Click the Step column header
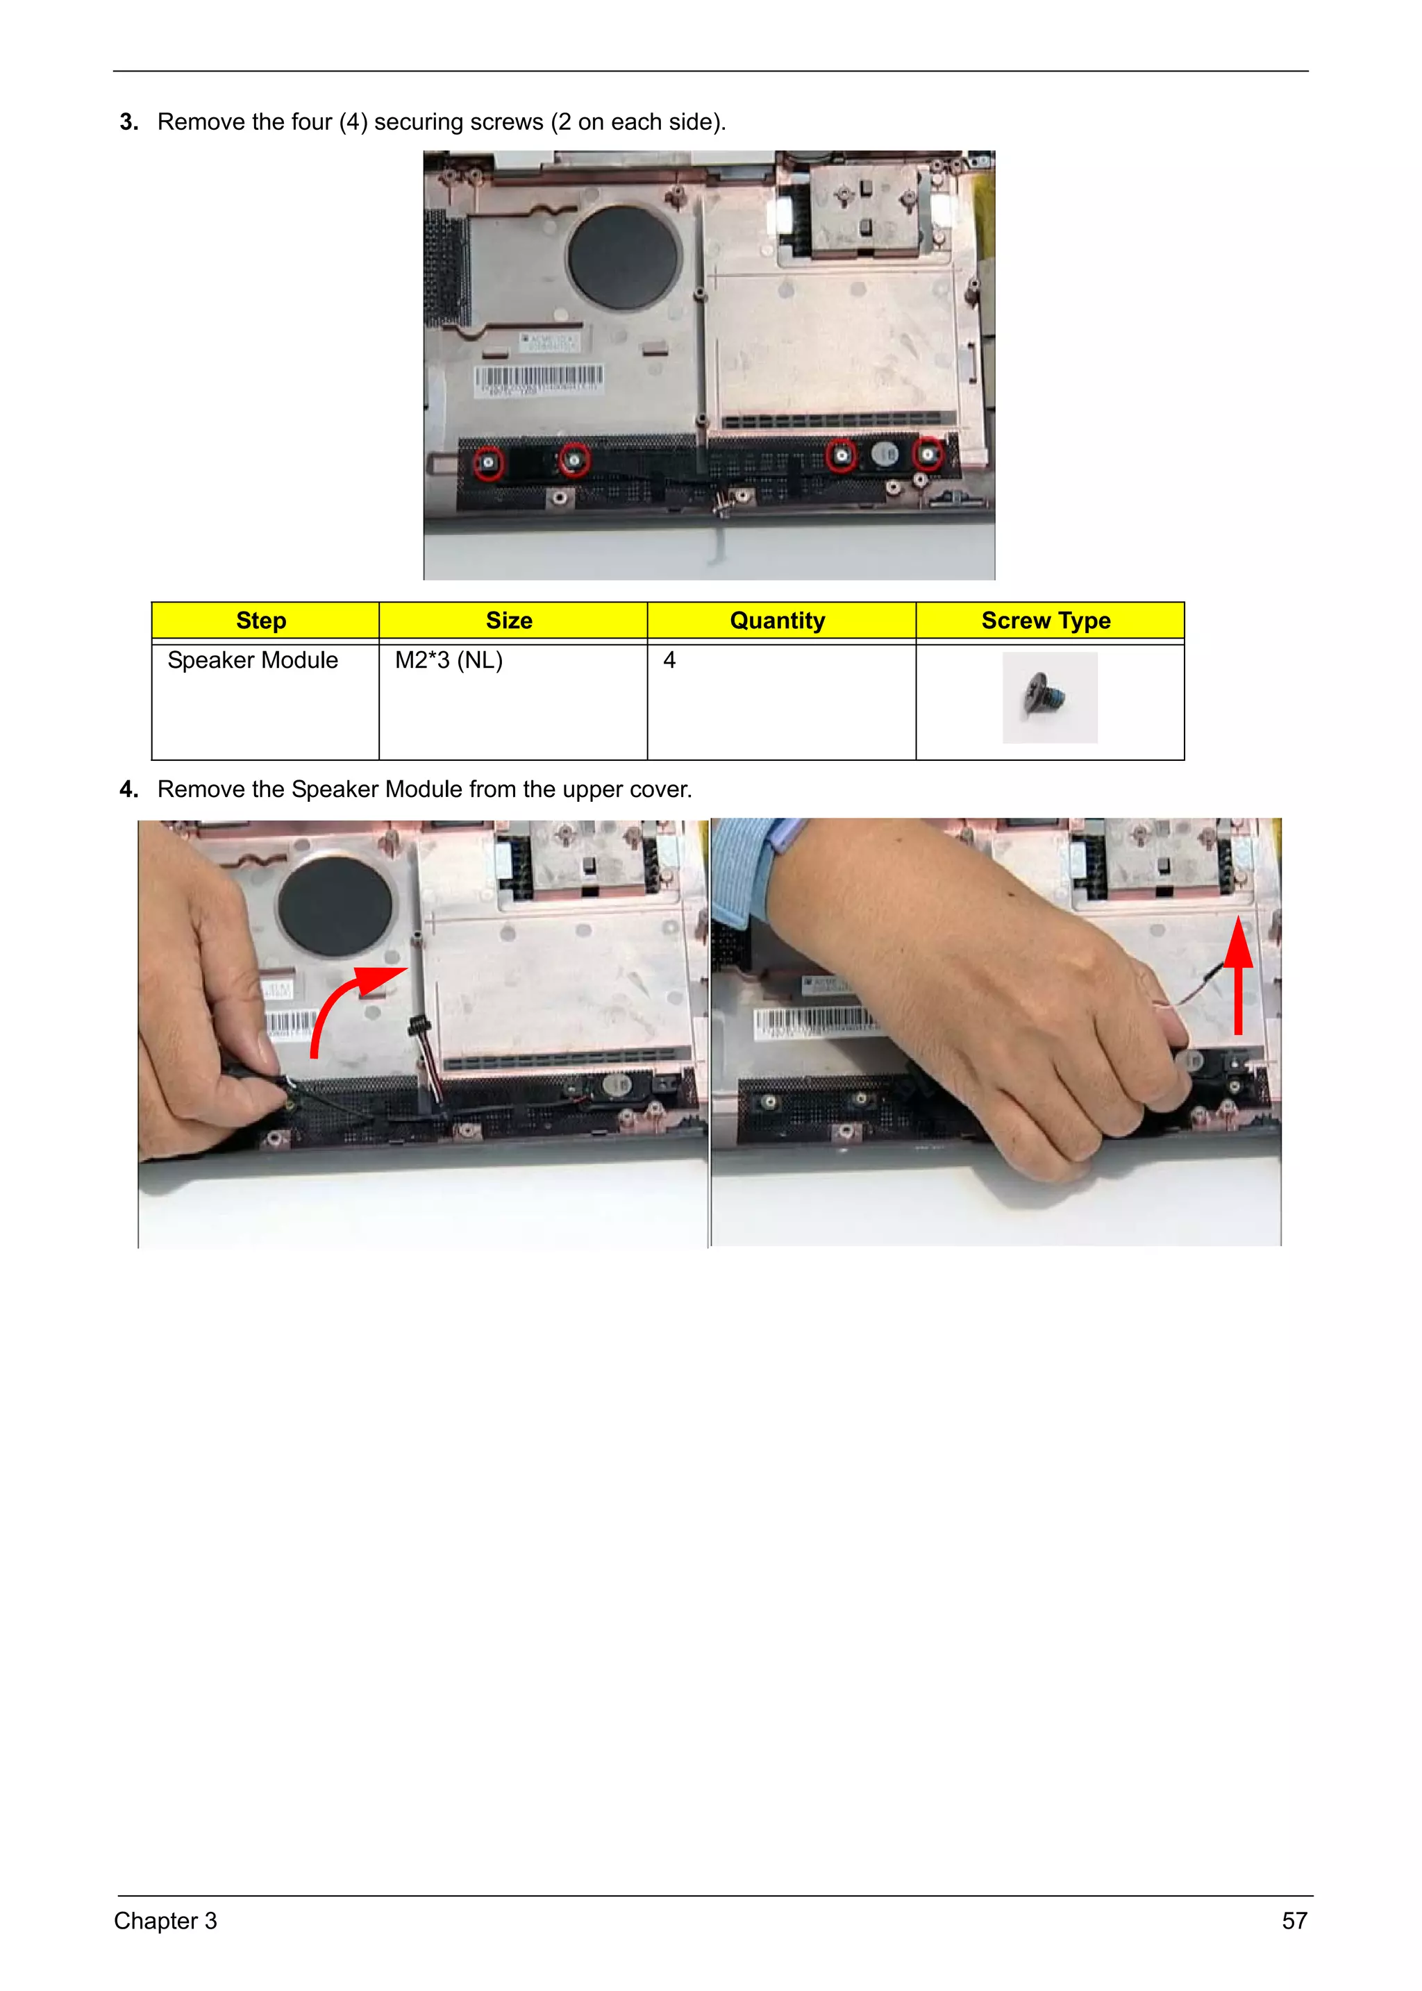[261, 621]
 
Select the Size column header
[509, 621]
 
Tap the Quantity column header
[778, 621]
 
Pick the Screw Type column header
[1046, 621]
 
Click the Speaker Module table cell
[252, 660]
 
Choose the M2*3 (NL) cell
[449, 660]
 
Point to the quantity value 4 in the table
[670, 660]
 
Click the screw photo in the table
[1049, 698]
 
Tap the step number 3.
[128, 123]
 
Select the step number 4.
[128, 790]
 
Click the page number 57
[1294, 1920]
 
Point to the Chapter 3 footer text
[165, 1920]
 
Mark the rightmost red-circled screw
[927, 455]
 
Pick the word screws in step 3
[503, 123]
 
